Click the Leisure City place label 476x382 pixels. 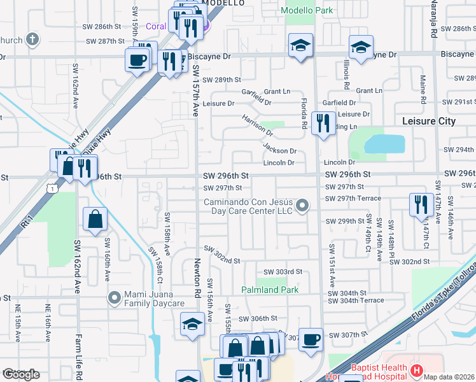(429, 121)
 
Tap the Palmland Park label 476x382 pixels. (270, 290)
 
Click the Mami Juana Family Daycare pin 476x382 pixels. (115, 297)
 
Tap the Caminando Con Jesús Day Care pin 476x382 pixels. (303, 206)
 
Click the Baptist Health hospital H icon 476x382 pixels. (416, 370)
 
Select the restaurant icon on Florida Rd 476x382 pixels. (323, 122)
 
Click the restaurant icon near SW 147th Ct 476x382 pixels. (419, 204)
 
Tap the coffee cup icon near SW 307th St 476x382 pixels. (311, 339)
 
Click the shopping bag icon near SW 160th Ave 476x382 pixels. (94, 219)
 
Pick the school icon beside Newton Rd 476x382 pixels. (192, 324)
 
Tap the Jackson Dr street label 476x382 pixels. (280, 150)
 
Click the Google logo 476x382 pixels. (21, 374)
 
